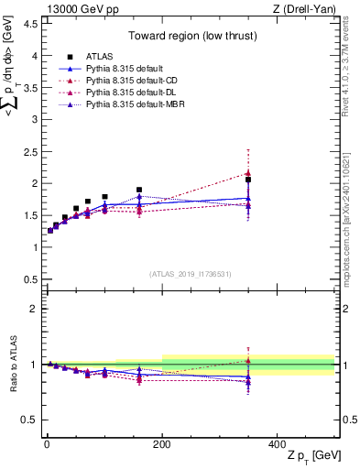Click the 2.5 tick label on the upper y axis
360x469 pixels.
point(29,151)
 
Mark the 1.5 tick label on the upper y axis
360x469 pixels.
point(29,215)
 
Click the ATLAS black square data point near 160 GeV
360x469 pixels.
point(139,190)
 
